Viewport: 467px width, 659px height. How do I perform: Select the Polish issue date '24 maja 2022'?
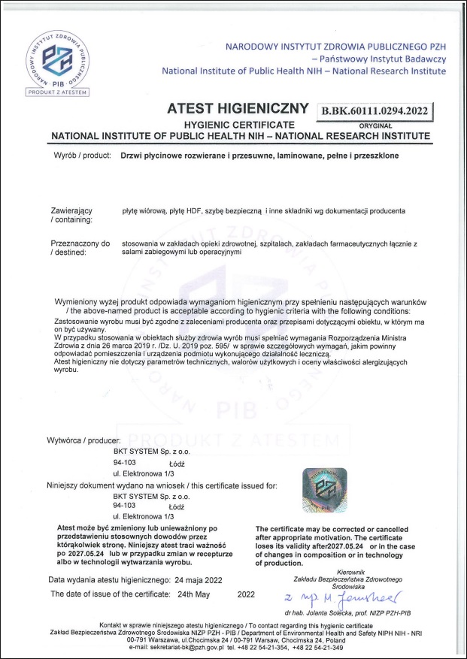(x=198, y=580)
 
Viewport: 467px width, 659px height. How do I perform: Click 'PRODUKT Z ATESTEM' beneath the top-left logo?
(x=58, y=92)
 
